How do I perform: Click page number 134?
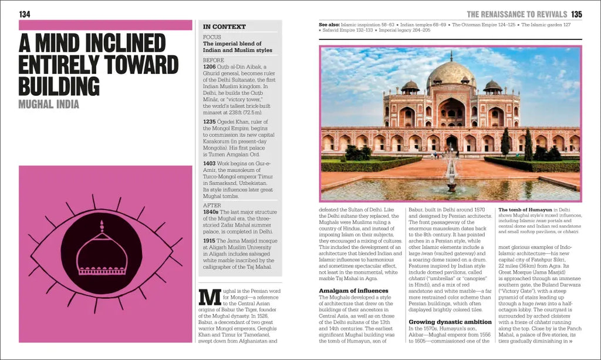[x=25, y=14]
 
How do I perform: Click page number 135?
[x=576, y=14]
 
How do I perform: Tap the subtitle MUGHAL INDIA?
[x=49, y=105]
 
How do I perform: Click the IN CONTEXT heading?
[x=224, y=27]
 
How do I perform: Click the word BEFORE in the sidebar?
[x=214, y=60]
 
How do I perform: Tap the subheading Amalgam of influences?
[x=353, y=291]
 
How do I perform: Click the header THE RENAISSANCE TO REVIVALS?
[x=516, y=14]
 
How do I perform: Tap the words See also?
[x=329, y=25]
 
